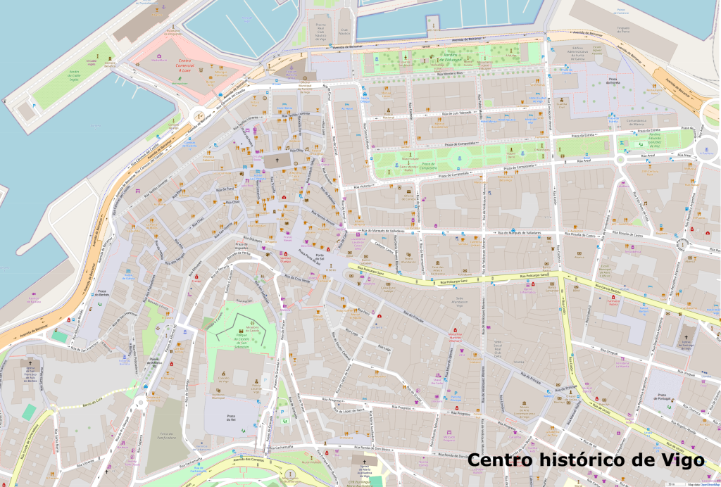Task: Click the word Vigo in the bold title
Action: click(x=677, y=460)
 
